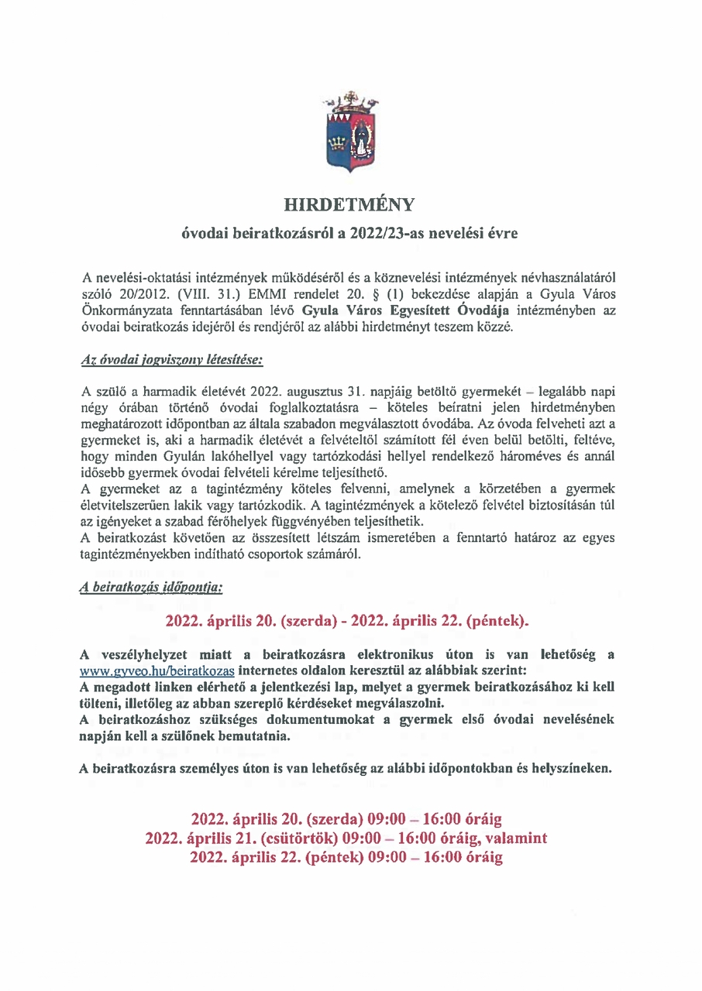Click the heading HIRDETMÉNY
[x=350, y=204]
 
